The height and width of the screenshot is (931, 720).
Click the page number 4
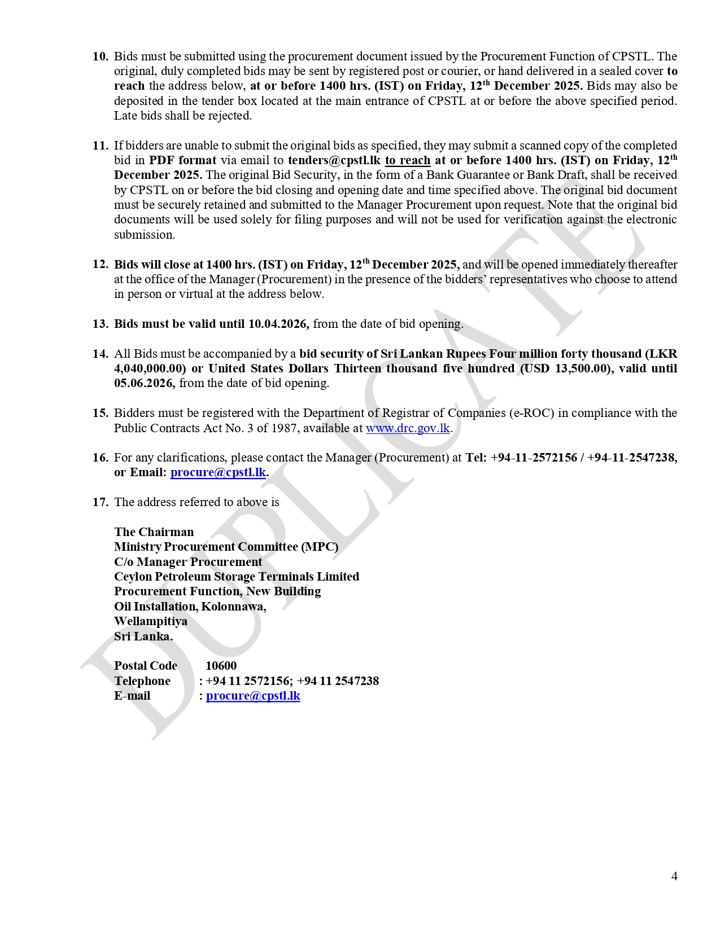(x=674, y=876)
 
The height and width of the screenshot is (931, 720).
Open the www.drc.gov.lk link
(x=408, y=428)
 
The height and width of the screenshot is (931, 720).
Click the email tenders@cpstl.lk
(x=334, y=160)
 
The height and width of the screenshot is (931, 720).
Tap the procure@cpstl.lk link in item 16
(x=218, y=472)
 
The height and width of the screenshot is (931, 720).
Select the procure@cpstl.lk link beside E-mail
(x=253, y=696)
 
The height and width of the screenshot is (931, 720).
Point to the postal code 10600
(x=221, y=666)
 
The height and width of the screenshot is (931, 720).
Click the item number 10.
(x=101, y=56)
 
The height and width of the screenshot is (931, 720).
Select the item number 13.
(x=101, y=324)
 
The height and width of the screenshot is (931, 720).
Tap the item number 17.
(x=101, y=502)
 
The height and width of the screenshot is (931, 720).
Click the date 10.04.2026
(x=277, y=324)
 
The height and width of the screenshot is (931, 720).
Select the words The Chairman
(x=154, y=532)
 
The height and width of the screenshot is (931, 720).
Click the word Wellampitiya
(x=151, y=621)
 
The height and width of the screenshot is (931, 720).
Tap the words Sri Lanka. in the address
(x=143, y=636)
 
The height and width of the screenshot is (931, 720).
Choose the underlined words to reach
(x=408, y=160)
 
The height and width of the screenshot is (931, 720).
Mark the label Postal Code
(x=146, y=666)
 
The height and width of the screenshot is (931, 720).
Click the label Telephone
(x=142, y=681)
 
